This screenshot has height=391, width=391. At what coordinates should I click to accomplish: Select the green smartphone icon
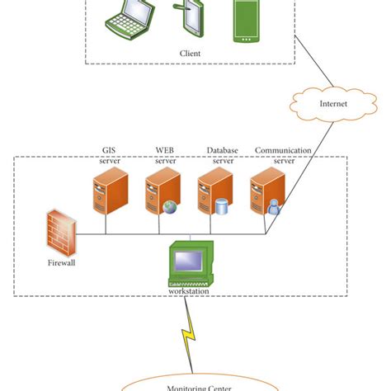click(x=247, y=21)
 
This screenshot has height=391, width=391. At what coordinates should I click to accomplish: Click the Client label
click(x=190, y=54)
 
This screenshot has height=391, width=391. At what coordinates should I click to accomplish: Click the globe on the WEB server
click(x=171, y=206)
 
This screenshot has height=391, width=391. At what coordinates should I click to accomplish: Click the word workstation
click(x=189, y=291)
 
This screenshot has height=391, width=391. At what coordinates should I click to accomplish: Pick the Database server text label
click(x=222, y=156)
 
